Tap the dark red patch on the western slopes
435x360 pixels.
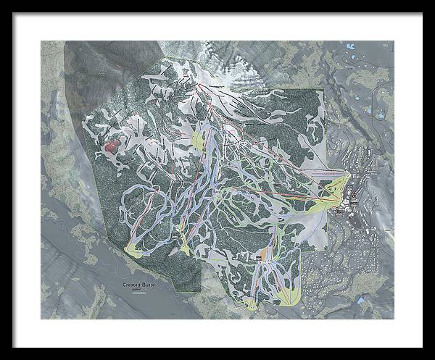pos(111,147)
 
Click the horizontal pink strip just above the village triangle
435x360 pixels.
pos(326,175)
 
